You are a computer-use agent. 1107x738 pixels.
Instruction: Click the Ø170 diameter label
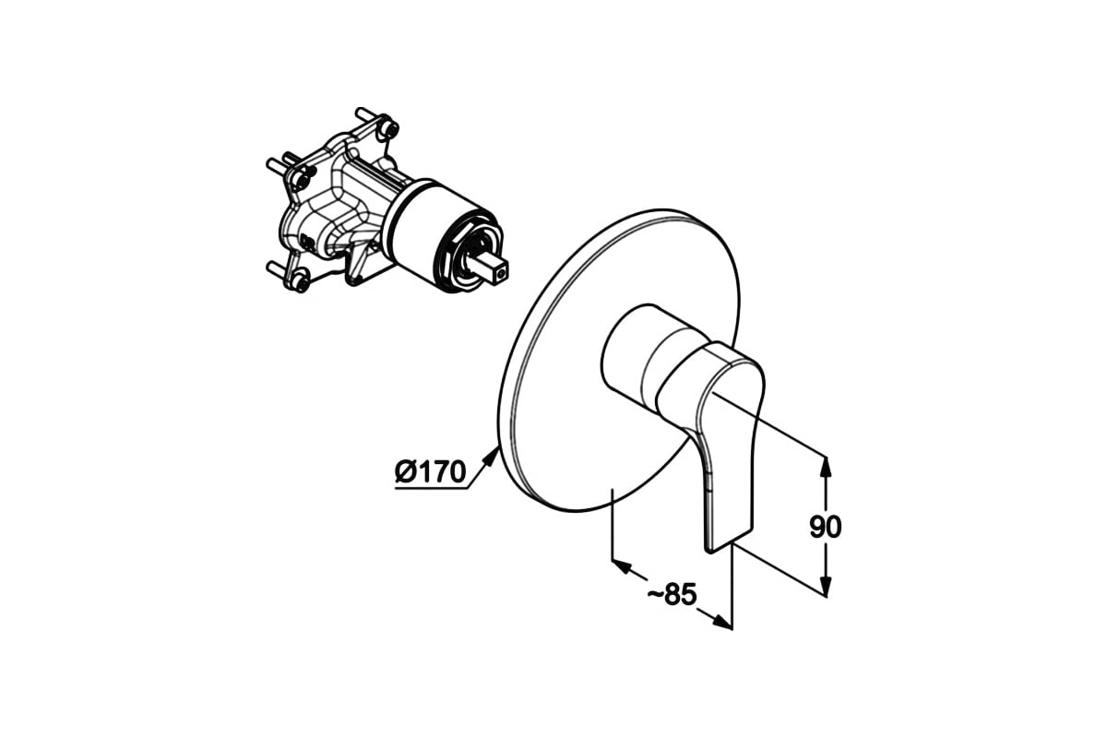(430, 471)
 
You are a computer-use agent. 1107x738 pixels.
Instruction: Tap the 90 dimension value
(826, 527)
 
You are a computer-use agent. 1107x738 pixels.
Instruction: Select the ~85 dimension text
(673, 594)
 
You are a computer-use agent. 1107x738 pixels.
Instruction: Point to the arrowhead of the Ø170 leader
(490, 455)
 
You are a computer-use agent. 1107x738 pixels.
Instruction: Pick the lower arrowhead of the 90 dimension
(825, 586)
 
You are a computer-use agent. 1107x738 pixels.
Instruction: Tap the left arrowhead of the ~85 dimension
(622, 566)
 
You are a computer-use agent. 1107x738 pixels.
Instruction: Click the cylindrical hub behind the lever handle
(637, 356)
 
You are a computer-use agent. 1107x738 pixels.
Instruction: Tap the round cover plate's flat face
(558, 375)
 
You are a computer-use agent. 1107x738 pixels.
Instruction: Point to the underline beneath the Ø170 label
(431, 489)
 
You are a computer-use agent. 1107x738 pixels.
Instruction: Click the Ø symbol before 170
(405, 471)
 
